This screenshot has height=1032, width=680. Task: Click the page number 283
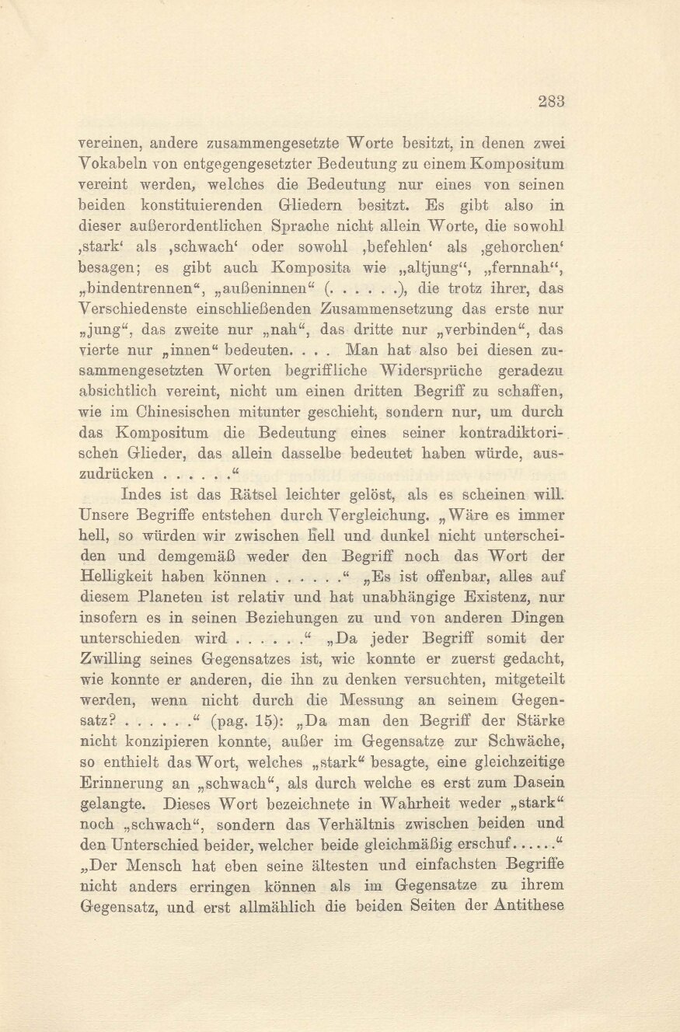coord(550,100)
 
